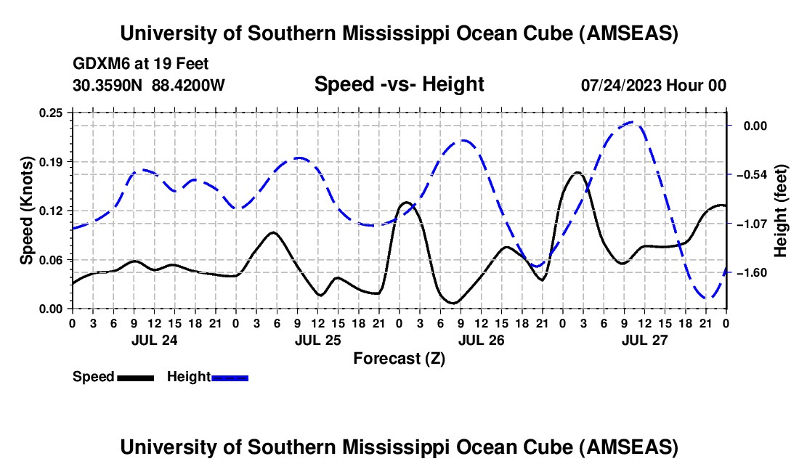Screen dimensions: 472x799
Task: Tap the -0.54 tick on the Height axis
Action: pyautogui.click(x=751, y=175)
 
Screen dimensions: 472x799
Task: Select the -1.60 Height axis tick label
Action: pyautogui.click(x=751, y=273)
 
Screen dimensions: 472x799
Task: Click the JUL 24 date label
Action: pyautogui.click(x=154, y=339)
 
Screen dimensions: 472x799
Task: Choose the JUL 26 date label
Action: pyautogui.click(x=481, y=339)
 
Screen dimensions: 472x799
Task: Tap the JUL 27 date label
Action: pyautogui.click(x=644, y=339)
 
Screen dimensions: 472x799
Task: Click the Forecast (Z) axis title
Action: pyautogui.click(x=399, y=358)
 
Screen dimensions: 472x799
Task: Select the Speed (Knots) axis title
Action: pyautogui.click(x=27, y=210)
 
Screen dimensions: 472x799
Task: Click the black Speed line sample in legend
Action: pyautogui.click(x=135, y=377)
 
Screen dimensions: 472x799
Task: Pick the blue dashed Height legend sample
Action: pyautogui.click(x=230, y=377)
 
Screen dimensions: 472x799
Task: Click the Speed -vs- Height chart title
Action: pyautogui.click(x=399, y=84)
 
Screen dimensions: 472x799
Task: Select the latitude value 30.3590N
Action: pyautogui.click(x=108, y=85)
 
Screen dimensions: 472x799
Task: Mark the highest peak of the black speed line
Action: pyautogui.click(x=577, y=172)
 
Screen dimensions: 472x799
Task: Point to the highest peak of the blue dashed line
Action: pyautogui.click(x=632, y=122)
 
